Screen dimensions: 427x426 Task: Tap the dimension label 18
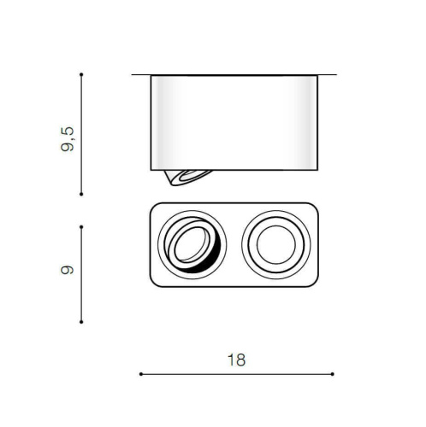pos(237,360)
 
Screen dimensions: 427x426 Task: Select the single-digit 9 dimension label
pos(68,271)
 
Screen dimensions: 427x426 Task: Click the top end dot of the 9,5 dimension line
pos(80,75)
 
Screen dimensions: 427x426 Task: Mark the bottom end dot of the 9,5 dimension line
pos(80,195)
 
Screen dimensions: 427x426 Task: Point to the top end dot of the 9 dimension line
pos(80,226)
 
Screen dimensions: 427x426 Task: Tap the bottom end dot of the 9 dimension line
pos(80,322)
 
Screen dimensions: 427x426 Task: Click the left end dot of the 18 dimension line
pos(140,374)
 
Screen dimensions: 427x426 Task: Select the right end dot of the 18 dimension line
pos(332,374)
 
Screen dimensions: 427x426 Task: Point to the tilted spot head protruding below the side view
pos(183,177)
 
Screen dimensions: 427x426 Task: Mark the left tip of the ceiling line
pos(133,75)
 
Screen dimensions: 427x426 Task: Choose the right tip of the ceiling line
pos(336,75)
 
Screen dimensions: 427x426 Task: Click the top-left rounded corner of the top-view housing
pos(154,208)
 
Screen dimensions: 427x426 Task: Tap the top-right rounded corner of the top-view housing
pos(317,208)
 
